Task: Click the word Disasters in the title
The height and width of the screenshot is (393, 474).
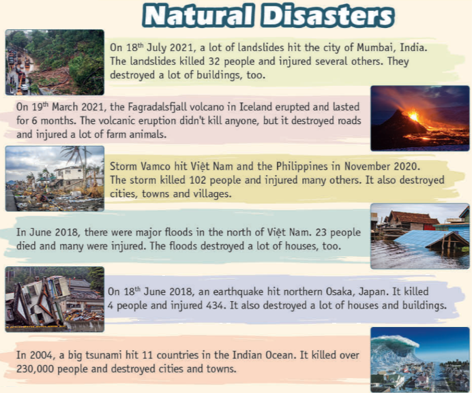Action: pos(327,16)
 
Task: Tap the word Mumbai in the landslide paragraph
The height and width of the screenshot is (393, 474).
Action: pos(376,48)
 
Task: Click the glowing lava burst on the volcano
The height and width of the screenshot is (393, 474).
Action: pos(413,116)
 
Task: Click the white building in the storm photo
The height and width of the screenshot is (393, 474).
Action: pos(69,175)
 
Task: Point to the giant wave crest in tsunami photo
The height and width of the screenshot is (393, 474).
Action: pos(393,345)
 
